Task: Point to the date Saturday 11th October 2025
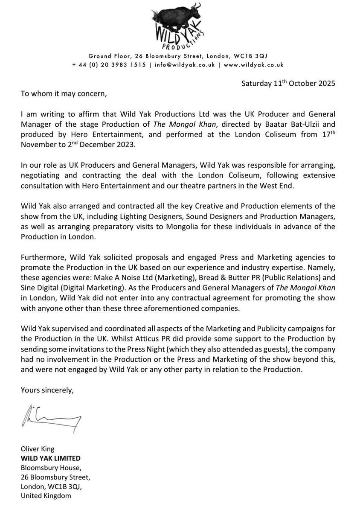[288, 84]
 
